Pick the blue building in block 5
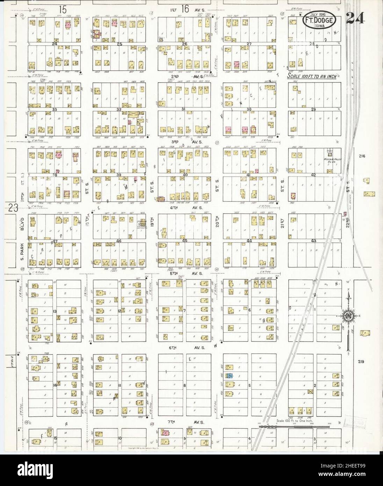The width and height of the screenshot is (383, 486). [229, 376]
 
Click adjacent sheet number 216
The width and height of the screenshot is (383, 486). [361, 156]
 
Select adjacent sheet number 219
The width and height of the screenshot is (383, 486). [361, 362]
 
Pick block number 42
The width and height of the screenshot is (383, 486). [313, 174]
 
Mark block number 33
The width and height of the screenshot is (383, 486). [54, 109]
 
